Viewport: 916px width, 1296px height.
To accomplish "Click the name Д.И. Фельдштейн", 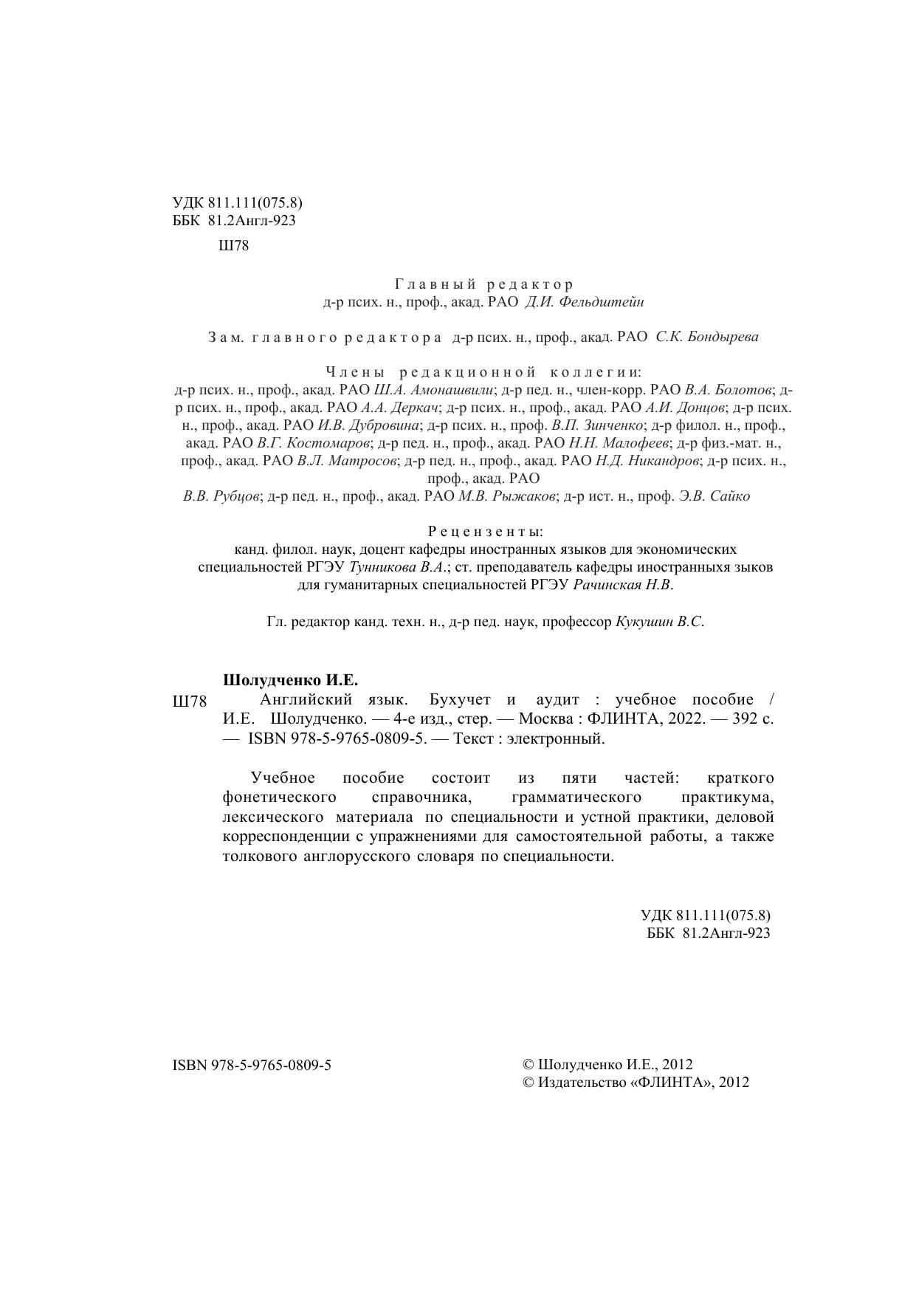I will [x=585, y=302].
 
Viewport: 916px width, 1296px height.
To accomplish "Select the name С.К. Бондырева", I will [x=707, y=337].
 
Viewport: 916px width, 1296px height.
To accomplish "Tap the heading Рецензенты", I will [x=486, y=532].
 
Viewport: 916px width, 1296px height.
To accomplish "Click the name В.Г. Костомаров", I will [x=314, y=443].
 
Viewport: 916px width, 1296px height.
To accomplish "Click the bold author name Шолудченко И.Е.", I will [x=290, y=679].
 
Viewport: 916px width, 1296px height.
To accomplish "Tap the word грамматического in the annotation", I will [x=576, y=798].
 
